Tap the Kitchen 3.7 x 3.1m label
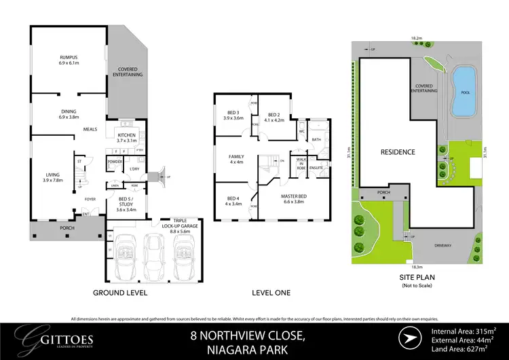click(127, 138)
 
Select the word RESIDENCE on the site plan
click(397, 152)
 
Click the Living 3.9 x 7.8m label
click(52, 177)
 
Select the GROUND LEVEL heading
click(119, 293)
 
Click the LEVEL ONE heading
click(270, 293)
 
